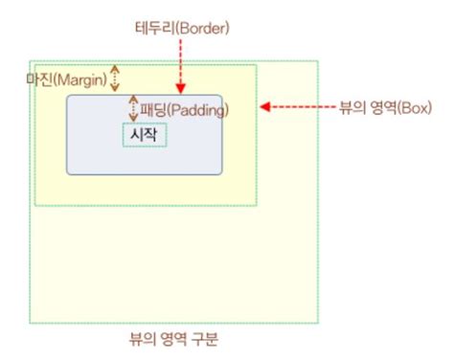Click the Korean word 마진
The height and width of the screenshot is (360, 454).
pos(37,78)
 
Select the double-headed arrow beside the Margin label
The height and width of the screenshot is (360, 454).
pos(116,78)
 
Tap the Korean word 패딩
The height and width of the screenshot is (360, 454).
pos(152,109)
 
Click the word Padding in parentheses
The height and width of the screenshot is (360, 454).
pos(197,109)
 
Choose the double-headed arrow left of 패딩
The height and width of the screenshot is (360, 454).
pos(133,108)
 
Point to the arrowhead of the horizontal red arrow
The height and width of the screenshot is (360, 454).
pos(265,107)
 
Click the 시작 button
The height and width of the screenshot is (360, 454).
pos(145,135)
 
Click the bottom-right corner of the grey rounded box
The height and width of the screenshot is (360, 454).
pos(221,173)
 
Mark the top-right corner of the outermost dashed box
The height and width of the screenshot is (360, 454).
pos(318,60)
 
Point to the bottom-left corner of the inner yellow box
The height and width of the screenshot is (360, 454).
pos(35,205)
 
